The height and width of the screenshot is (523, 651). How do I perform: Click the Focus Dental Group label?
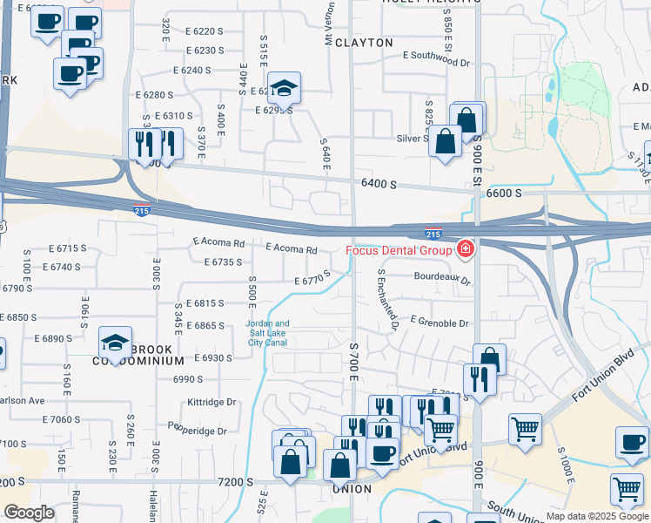pos(399,251)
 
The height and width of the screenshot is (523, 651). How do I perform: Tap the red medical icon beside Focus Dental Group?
pos(466,251)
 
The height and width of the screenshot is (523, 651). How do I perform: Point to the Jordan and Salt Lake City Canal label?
pos(269,333)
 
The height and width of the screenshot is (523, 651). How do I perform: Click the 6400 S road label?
pos(379,185)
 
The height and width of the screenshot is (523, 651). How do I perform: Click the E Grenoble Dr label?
pos(439,323)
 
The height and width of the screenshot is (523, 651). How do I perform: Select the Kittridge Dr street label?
pos(211,403)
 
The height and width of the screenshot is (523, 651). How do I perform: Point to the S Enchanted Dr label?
pos(387,300)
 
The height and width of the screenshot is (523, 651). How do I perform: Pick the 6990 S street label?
pos(187,379)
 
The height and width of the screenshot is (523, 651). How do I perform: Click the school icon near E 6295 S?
pos(283,87)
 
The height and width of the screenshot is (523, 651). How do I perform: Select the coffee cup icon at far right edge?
pos(632,442)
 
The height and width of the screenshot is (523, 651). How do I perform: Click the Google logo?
pos(29,513)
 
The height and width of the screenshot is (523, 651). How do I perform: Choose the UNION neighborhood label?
pos(351,489)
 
